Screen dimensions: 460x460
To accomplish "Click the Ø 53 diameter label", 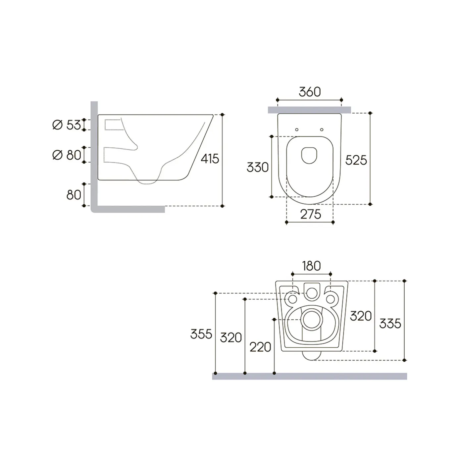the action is pos(67,125).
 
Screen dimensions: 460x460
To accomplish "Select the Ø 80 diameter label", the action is pos(67,155).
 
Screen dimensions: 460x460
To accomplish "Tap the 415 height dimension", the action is pos(210,159).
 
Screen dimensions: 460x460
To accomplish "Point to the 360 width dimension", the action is pos(310,92).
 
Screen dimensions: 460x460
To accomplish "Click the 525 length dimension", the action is pos(356,160).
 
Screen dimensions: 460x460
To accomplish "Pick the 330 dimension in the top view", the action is pos(258,167).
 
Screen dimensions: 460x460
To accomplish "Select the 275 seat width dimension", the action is pos(311,214).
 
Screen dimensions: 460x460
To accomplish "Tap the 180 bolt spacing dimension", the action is pos(311,266).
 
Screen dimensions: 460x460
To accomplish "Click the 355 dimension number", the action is pos(201,334).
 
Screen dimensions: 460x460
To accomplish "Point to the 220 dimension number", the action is pos(260,347).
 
